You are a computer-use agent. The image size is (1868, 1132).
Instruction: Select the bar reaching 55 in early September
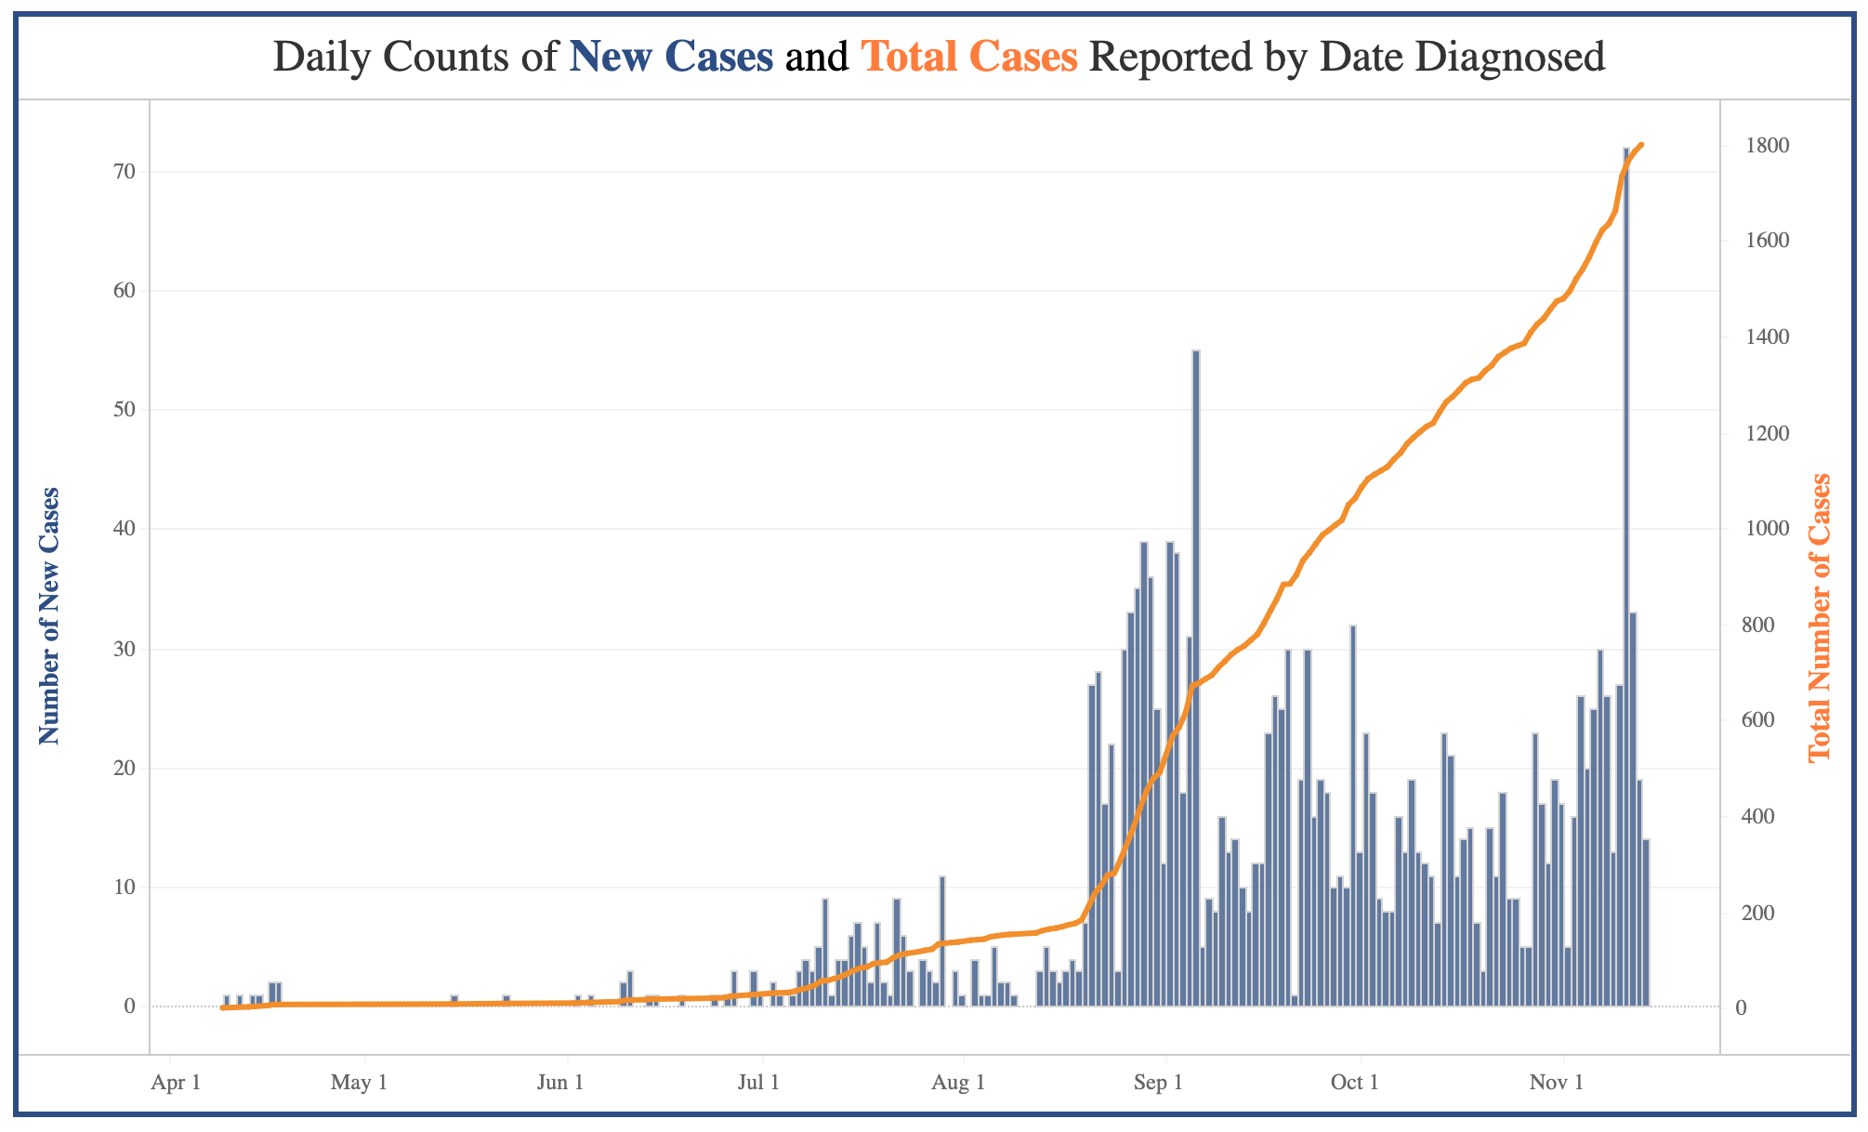(x=1196, y=678)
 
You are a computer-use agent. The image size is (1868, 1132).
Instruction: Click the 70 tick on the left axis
(x=125, y=172)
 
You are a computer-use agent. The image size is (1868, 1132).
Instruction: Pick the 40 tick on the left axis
(x=125, y=529)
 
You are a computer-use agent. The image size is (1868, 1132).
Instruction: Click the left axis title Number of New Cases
(x=49, y=615)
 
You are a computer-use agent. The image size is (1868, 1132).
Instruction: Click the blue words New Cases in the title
(x=671, y=57)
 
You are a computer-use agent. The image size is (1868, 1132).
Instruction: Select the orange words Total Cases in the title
(x=969, y=57)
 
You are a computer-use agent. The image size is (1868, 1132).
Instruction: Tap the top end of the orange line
(x=1642, y=145)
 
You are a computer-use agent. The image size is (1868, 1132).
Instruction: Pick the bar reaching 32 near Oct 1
(x=1353, y=816)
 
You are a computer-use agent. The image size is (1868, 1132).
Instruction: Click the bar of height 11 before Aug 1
(x=942, y=941)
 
